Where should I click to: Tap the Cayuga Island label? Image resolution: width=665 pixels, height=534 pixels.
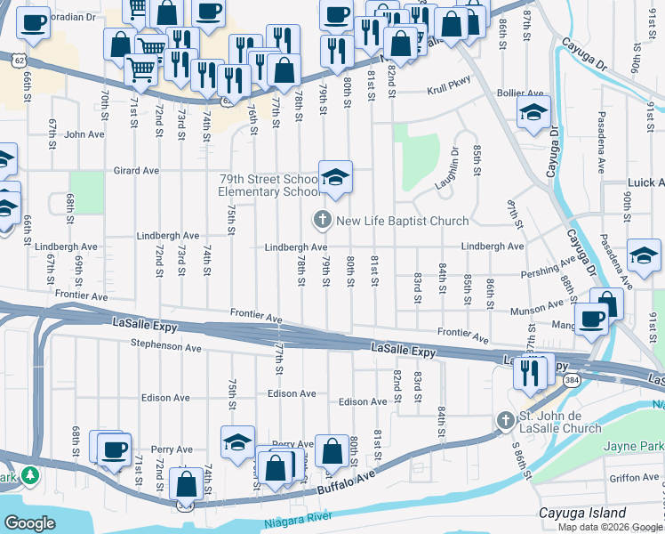pyautogui.click(x=582, y=514)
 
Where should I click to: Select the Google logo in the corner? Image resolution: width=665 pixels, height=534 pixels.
pyautogui.click(x=29, y=523)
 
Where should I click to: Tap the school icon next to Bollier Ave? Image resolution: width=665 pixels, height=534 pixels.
pyautogui.click(x=533, y=113)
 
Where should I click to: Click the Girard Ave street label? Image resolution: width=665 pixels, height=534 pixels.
pyautogui.click(x=135, y=170)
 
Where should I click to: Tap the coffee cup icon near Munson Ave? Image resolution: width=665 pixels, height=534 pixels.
pyautogui.click(x=590, y=319)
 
